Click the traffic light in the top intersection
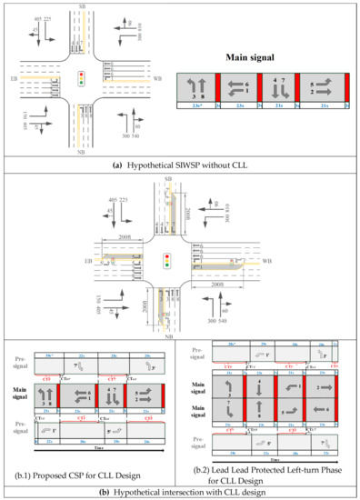point(82,78)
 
